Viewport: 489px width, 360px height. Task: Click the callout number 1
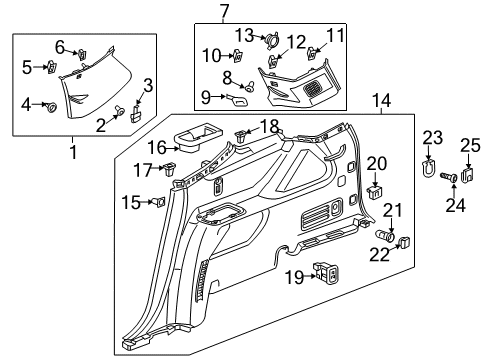point(72,152)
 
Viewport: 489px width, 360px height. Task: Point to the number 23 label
point(431,137)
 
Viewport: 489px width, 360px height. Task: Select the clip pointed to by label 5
point(50,68)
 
